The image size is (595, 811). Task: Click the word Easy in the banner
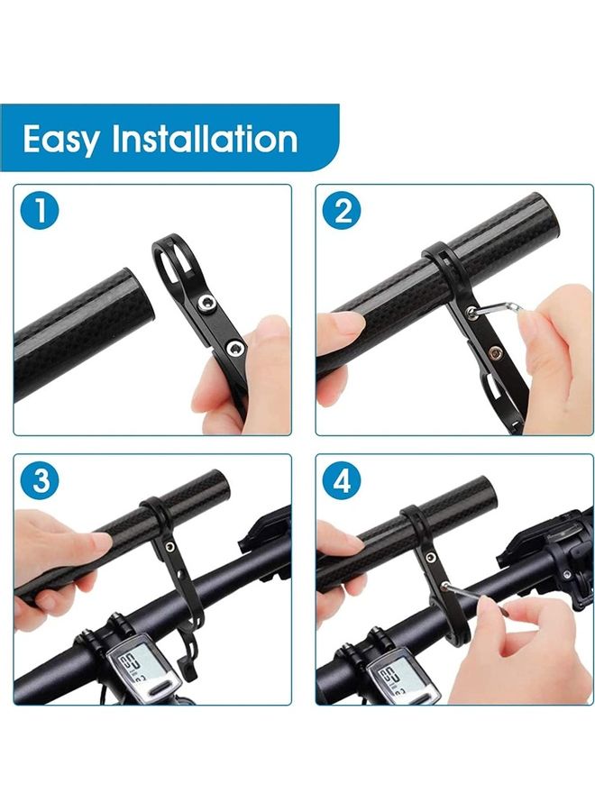[60, 140]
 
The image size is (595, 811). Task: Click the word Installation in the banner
[205, 138]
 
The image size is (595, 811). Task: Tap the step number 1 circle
[40, 211]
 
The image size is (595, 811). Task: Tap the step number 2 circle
[343, 211]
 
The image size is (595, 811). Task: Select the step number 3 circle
[40, 481]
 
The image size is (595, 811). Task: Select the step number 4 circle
[343, 481]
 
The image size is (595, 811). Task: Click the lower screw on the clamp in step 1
[235, 348]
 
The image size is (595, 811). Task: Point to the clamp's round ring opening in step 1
[174, 260]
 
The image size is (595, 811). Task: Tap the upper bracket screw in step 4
[430, 557]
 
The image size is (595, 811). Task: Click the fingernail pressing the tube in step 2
[347, 324]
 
